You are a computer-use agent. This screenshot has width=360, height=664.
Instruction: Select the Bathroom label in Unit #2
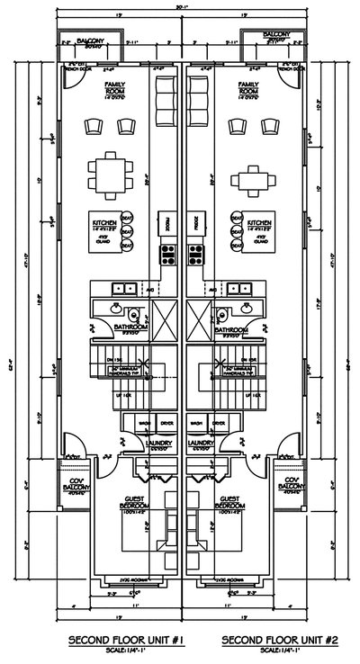[229, 330]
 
